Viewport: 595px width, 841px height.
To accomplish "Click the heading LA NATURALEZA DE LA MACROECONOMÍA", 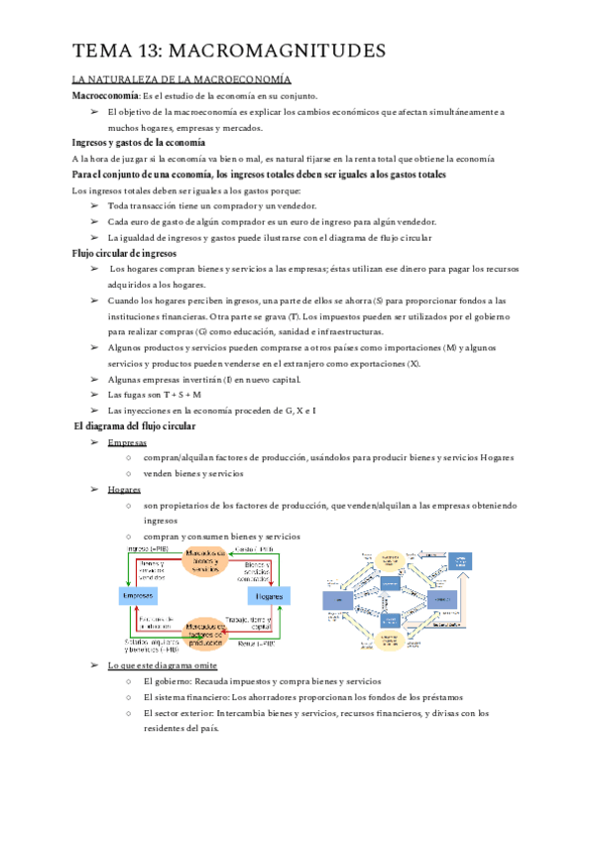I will tap(181, 78).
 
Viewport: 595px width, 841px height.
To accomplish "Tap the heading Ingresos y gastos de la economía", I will tap(138, 143).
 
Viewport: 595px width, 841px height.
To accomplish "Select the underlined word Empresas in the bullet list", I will tap(128, 442).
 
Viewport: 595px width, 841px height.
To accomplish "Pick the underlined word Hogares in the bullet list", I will tap(125, 489).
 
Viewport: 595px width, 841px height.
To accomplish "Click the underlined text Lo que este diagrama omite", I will tap(163, 664).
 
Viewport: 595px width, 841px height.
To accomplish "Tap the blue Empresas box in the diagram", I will tap(138, 595).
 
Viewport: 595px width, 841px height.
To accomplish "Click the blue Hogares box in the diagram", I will tap(268, 596).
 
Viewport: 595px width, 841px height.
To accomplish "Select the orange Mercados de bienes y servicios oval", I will tap(202, 560).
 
